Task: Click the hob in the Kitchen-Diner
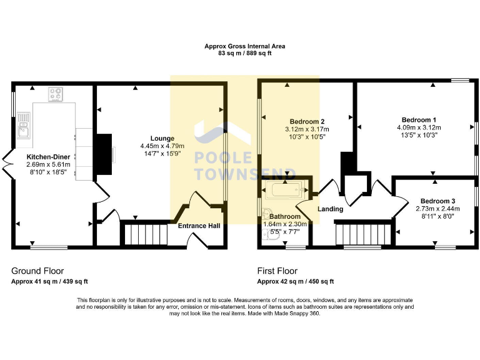click(x=56, y=94)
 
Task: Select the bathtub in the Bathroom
click(x=284, y=189)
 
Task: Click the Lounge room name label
click(x=162, y=138)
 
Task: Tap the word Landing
click(x=330, y=209)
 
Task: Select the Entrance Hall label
click(x=199, y=226)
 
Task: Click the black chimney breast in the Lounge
click(x=104, y=151)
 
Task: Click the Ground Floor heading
click(x=37, y=271)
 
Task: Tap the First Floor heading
click(x=277, y=271)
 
